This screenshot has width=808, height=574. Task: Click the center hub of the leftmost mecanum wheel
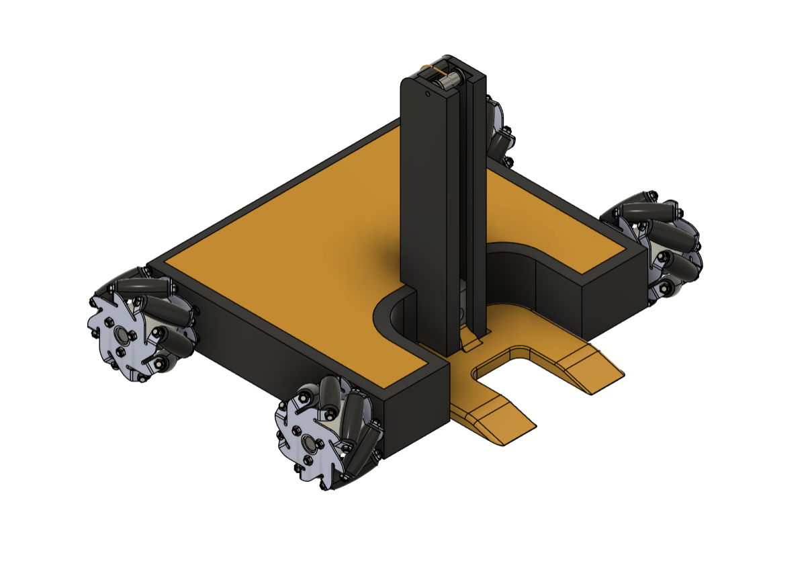122,333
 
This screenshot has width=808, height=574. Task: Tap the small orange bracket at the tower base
472,345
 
